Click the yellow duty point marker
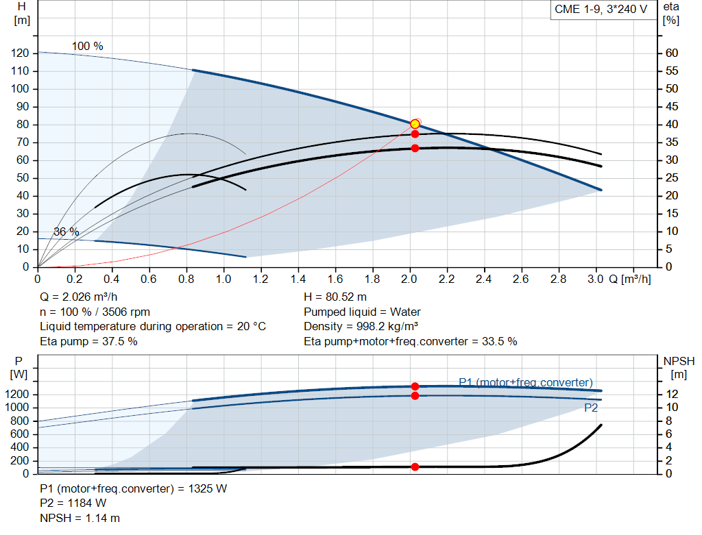[415, 124]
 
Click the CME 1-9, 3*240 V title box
[601, 10]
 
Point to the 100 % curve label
[88, 46]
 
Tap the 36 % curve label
[66, 232]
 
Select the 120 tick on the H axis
[21, 53]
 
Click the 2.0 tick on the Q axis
[410, 279]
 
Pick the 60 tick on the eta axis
[671, 53]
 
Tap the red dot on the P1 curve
[415, 386]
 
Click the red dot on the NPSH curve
[415, 466]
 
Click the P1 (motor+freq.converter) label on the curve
[525, 382]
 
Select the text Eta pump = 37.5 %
[88, 341]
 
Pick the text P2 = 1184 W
[73, 503]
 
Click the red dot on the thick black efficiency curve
[415, 148]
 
